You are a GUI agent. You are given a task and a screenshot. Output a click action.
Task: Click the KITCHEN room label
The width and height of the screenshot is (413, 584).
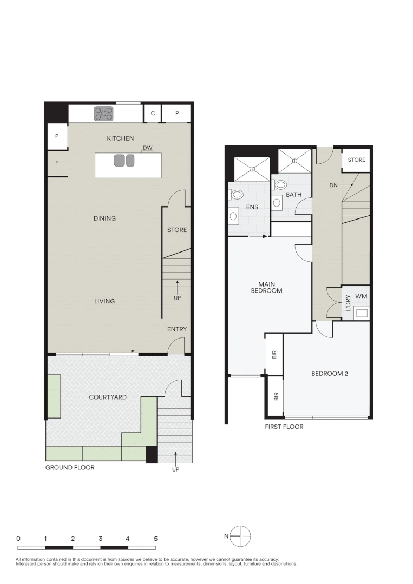(x=120, y=138)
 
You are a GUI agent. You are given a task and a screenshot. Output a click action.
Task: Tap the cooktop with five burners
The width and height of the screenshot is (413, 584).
(x=103, y=113)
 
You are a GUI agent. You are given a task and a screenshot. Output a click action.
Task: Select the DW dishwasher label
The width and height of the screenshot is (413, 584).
(x=147, y=148)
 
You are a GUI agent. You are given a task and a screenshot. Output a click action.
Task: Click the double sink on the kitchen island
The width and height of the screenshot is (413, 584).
(x=124, y=161)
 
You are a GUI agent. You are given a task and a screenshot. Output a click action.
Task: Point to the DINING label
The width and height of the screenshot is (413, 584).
(x=104, y=218)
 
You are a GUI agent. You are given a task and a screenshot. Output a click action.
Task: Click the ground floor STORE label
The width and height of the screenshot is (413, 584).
(x=177, y=230)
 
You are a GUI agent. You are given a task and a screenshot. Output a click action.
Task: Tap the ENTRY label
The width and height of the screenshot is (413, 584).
(x=177, y=329)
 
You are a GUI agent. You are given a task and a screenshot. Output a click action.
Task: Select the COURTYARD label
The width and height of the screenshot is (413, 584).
(x=108, y=397)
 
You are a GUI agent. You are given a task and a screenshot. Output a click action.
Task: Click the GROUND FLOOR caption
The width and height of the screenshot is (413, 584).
(x=70, y=467)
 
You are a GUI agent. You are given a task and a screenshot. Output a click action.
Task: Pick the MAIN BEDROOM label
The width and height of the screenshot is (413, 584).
(x=267, y=287)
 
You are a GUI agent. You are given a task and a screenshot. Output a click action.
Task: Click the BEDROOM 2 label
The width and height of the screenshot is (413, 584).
(x=329, y=373)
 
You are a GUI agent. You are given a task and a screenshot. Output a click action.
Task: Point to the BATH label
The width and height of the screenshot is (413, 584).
(x=294, y=194)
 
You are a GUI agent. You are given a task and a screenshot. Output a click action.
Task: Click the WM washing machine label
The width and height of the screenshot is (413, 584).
(x=360, y=297)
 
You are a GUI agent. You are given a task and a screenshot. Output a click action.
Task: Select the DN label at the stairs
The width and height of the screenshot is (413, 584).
(x=333, y=185)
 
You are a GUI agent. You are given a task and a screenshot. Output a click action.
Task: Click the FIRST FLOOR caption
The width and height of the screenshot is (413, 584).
(x=284, y=427)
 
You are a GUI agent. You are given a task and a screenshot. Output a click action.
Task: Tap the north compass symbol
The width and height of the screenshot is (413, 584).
(x=240, y=536)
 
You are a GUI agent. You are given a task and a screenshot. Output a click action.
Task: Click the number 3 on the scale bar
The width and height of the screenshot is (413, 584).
(x=101, y=539)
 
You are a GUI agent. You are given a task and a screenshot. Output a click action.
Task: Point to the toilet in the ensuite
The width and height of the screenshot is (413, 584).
(x=237, y=194)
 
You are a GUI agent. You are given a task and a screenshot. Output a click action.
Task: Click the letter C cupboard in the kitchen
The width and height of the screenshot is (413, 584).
(x=153, y=114)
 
